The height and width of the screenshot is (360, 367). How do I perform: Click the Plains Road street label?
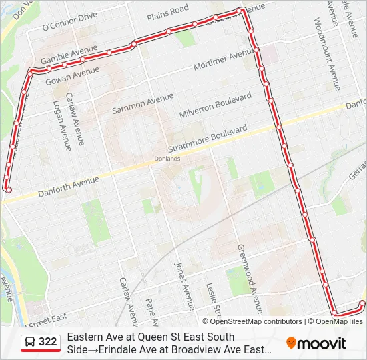[x=167, y=11]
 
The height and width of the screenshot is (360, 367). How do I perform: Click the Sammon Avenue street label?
[x=142, y=102]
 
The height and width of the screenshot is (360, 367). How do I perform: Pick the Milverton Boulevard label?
[x=215, y=106]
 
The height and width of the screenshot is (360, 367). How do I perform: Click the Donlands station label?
[x=167, y=159]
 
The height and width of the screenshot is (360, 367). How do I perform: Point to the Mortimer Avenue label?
[x=223, y=61]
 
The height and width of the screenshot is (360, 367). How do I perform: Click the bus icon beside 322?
[x=30, y=343]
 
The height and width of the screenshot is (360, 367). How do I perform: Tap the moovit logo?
[x=317, y=343]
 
